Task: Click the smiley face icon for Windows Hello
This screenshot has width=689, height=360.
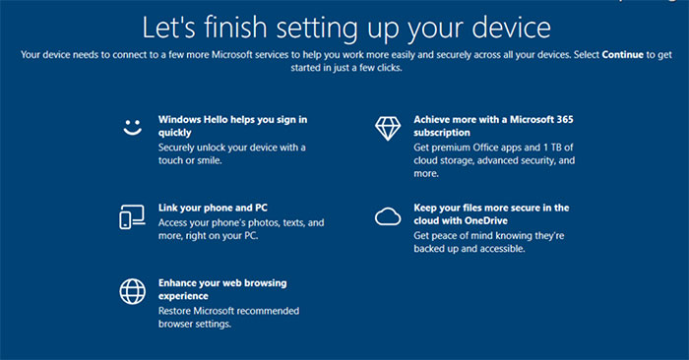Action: tap(132, 127)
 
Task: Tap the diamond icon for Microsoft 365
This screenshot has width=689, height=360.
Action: tap(387, 127)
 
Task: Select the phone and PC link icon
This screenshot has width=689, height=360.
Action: tap(132, 216)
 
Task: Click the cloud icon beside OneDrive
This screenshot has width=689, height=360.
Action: tap(387, 216)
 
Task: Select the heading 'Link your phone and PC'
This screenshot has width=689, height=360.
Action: tap(213, 208)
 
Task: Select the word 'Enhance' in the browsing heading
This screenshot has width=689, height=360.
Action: tap(180, 282)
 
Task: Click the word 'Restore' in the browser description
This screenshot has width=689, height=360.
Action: tap(177, 311)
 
